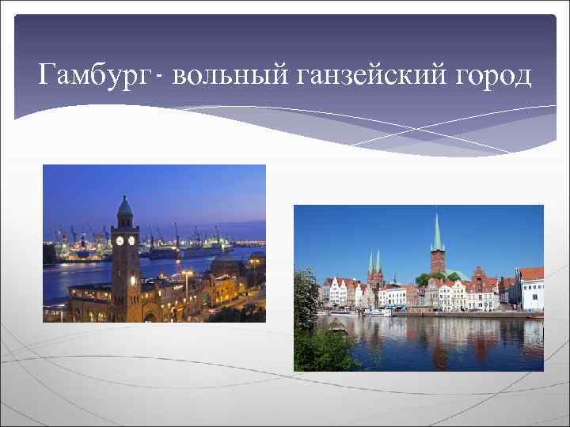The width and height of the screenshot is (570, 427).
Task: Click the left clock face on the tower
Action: [120, 240]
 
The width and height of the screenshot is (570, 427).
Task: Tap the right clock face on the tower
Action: [131, 240]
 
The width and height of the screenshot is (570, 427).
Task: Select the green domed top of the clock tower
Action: [125, 208]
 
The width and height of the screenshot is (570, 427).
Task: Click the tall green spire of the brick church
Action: [436, 230]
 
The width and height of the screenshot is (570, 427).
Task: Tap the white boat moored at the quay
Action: [378, 312]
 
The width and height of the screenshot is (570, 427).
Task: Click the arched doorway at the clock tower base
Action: [150, 316]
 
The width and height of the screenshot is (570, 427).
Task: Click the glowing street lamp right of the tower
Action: [187, 274]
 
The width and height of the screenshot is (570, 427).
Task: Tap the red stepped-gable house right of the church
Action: [480, 282]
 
